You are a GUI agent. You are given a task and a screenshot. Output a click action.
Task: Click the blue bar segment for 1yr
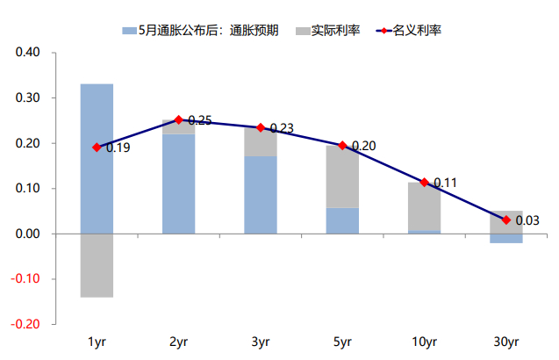[97, 158]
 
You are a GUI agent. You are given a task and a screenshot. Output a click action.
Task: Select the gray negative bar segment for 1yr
[97, 265]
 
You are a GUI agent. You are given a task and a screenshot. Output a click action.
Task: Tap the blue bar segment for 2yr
[178, 184]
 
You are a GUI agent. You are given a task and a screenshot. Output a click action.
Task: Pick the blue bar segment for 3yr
[261, 194]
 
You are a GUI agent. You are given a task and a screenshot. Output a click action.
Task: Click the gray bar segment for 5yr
[342, 176]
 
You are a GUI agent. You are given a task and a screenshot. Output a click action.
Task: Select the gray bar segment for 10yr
[424, 206]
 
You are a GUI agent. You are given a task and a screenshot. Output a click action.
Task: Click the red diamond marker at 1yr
[97, 148]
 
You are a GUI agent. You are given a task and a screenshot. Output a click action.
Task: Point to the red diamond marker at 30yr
[506, 220]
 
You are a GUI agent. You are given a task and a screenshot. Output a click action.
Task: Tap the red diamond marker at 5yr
[342, 145]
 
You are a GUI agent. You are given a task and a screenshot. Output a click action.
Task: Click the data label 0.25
[200, 120]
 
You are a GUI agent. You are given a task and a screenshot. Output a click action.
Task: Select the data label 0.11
[446, 184]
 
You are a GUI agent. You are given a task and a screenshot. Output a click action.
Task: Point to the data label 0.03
[527, 220]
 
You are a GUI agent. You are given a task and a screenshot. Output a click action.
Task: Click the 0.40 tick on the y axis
[28, 53]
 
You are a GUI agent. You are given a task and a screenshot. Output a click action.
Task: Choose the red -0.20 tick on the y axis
[26, 324]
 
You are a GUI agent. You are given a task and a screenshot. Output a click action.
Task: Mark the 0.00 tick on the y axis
[28, 234]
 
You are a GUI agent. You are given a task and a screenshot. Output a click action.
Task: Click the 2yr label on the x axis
[178, 342]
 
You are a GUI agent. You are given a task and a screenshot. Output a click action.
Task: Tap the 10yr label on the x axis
[424, 342]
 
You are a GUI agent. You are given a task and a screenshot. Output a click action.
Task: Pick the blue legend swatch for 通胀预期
[128, 31]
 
